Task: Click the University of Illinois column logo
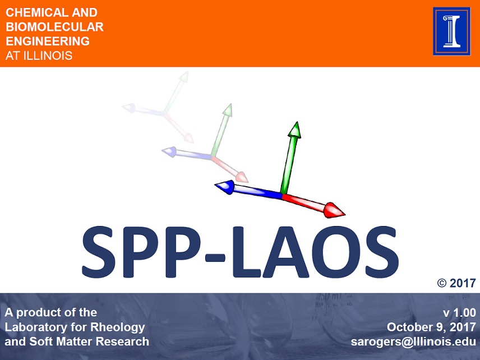pos(451,31)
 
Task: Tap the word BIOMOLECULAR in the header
pos(54,26)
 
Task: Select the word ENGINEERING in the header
pos(48,41)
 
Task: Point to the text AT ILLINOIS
pos(39,56)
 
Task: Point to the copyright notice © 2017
pos(456,283)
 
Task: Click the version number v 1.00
pos(459,312)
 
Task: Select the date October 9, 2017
pos(431,327)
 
